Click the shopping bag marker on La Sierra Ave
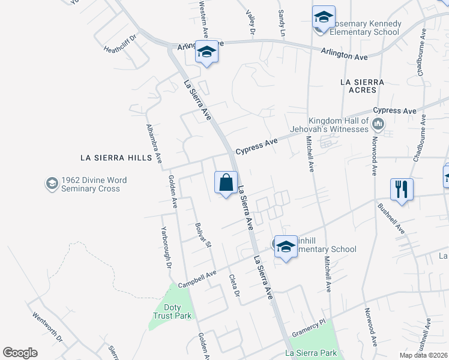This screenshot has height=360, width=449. pyautogui.click(x=226, y=183)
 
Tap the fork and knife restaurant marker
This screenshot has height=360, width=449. pyautogui.click(x=400, y=190)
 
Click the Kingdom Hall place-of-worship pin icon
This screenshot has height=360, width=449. pyautogui.click(x=378, y=125)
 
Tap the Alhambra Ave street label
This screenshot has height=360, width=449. pyautogui.click(x=154, y=144)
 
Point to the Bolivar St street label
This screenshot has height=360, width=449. pyautogui.click(x=203, y=235)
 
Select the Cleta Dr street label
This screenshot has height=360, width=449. pyautogui.click(x=234, y=286)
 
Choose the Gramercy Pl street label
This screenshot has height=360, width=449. pyautogui.click(x=309, y=323)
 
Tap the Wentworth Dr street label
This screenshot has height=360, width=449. pyautogui.click(x=47, y=326)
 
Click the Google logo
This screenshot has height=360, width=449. pyautogui.click(x=20, y=353)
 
